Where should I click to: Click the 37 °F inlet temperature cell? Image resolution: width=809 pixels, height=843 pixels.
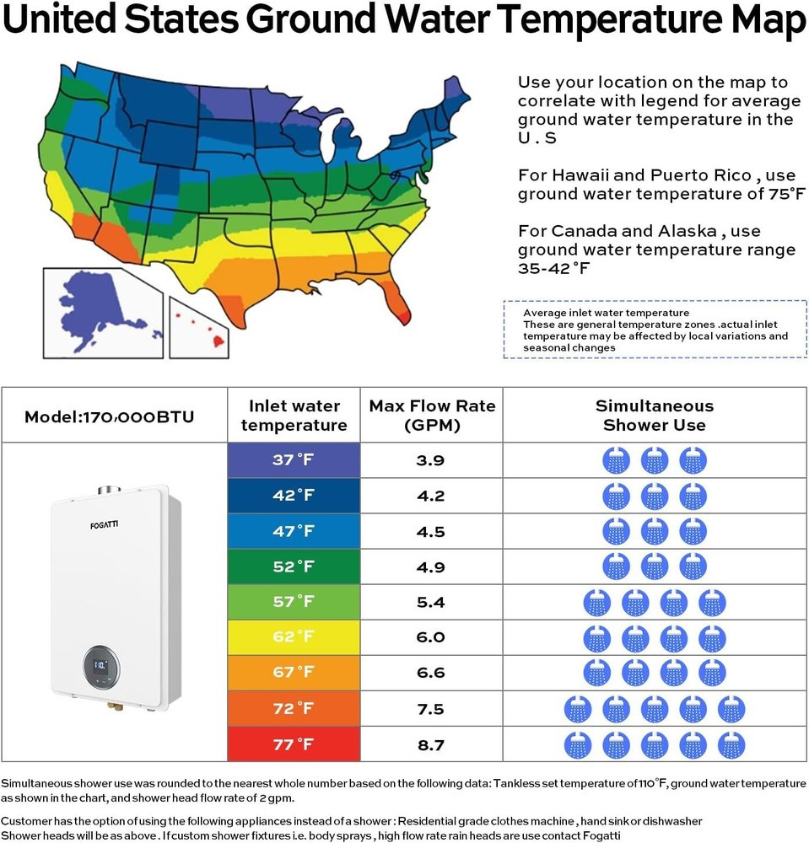click(x=294, y=460)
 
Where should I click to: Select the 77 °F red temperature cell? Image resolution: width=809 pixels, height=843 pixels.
click(x=294, y=744)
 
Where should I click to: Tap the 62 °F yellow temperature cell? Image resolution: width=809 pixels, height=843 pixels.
click(x=294, y=636)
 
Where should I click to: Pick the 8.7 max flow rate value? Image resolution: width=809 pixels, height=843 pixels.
click(x=430, y=745)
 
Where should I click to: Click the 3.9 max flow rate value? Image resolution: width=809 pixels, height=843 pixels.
click(x=430, y=460)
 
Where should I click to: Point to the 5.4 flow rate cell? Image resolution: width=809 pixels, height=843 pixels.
click(x=430, y=602)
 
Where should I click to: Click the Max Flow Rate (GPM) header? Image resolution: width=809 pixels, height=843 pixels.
click(x=432, y=416)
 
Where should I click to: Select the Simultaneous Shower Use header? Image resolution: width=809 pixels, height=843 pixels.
click(x=655, y=416)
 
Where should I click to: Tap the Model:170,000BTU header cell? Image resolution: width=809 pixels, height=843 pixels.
click(x=109, y=416)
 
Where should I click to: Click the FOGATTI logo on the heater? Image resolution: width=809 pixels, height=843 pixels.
click(x=105, y=526)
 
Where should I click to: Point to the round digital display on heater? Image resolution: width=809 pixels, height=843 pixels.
click(x=100, y=666)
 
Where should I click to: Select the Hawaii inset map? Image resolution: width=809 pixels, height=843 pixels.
click(x=200, y=327)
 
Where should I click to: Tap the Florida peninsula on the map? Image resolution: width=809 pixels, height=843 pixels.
click(x=392, y=295)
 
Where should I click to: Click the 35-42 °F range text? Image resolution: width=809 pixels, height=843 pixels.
click(x=553, y=268)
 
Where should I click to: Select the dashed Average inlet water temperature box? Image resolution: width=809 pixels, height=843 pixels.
click(x=655, y=330)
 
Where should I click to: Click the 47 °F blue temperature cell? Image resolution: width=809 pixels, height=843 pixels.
click(x=294, y=531)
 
